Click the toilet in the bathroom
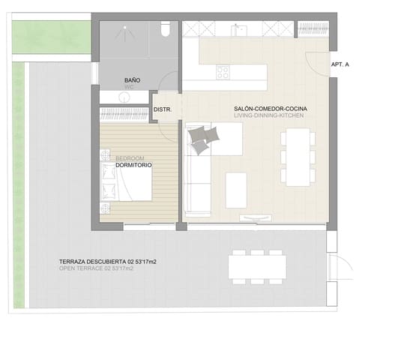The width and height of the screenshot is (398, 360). (x=166, y=28)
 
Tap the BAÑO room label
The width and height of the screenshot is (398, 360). (x=132, y=79)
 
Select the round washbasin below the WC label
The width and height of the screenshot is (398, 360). (x=122, y=95)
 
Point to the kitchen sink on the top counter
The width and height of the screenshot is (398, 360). (x=239, y=29)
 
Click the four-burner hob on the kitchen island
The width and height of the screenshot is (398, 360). (x=223, y=72)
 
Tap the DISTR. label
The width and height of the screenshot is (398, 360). (x=163, y=110)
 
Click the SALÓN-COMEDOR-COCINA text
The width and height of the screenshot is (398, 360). (x=270, y=109)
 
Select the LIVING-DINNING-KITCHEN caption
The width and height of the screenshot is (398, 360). (x=269, y=117)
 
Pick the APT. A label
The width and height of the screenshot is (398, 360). (x=340, y=65)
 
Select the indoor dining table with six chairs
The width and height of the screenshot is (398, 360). (x=297, y=156)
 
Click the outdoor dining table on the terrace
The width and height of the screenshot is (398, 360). (x=257, y=265)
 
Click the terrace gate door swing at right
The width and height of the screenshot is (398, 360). (x=343, y=265)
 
